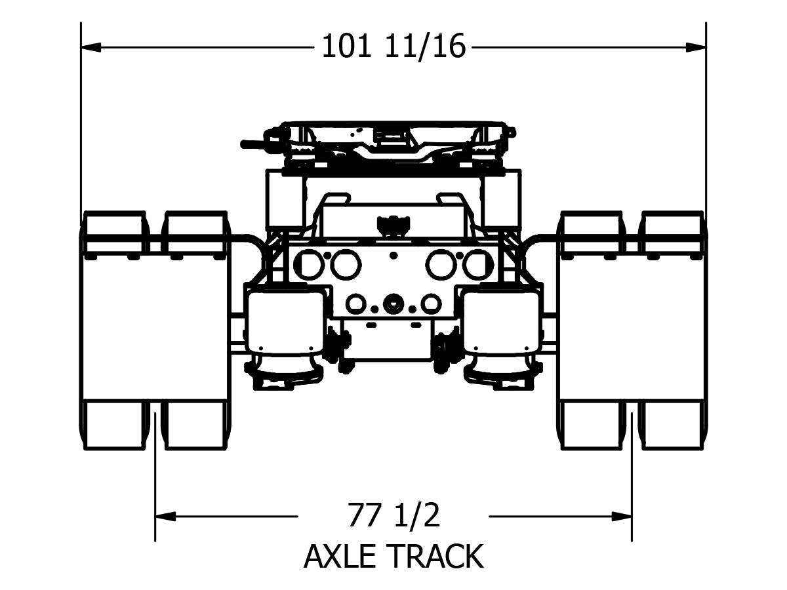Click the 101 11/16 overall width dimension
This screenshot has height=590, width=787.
[x=393, y=46]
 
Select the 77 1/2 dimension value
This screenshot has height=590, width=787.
[x=393, y=515]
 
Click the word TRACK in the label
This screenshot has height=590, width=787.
[x=435, y=556]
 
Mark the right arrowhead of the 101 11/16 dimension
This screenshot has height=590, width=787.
[x=696, y=47]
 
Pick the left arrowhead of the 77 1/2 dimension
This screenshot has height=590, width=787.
[x=165, y=516]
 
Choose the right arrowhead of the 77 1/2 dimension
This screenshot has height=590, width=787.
[x=621, y=516]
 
